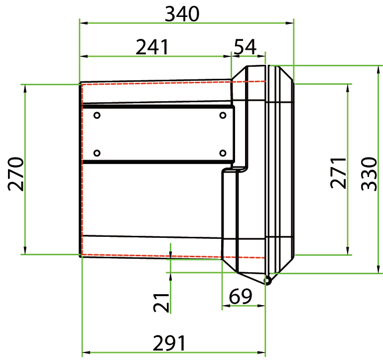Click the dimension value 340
182,14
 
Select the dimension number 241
152,47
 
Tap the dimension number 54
245,47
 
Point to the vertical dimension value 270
16,174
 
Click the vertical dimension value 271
338,173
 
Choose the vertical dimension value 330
369,174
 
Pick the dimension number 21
161,303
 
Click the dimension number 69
240,296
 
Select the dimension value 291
169,343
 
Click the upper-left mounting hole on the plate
97,115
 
